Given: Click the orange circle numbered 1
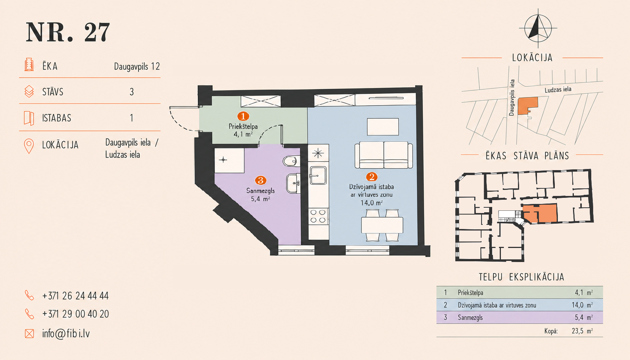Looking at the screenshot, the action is [243, 116].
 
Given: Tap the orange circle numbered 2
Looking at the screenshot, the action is [371, 177].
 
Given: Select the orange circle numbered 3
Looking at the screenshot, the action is [261, 180].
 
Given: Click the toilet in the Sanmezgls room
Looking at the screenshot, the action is [291, 161].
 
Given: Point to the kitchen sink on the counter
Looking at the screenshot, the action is [318, 175].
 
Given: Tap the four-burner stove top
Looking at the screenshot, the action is [318, 216].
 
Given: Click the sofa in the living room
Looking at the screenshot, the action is [383, 155].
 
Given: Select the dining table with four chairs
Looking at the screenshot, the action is [382, 225].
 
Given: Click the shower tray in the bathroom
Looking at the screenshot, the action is [229, 160].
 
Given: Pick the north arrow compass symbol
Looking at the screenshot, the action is [538, 28].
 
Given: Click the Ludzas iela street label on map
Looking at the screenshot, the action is [558, 90].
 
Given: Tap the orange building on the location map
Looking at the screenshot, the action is [527, 106].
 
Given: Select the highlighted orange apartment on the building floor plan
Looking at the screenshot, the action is [540, 213].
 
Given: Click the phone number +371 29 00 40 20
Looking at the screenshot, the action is [75, 314].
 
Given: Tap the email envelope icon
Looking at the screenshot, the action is [29, 333].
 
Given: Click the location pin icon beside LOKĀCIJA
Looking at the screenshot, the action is [29, 146].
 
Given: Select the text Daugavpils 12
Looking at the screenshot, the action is [137, 66].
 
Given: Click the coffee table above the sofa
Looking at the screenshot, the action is [383, 126].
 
